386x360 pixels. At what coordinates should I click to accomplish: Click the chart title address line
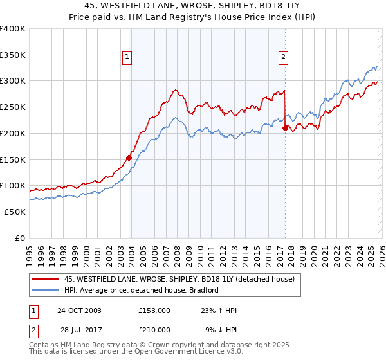193,6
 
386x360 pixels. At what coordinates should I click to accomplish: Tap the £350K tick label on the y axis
13,55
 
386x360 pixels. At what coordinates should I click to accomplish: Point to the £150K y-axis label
13,159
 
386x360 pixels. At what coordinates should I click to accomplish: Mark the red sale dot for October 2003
129,157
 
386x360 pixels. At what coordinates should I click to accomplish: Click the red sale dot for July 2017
285,128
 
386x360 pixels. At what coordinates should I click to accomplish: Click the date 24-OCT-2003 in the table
78,310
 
